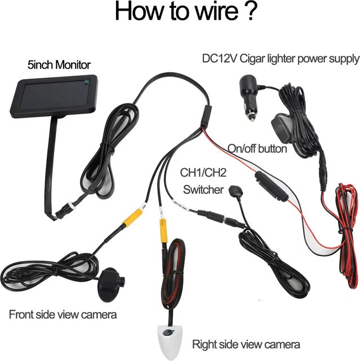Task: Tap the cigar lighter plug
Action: point(249,96)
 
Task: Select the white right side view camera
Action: point(170,341)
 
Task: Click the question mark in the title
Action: point(249,11)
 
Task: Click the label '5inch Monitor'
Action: point(59,65)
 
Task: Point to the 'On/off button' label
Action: point(257,149)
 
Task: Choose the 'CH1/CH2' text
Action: point(203,173)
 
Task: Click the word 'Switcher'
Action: point(203,190)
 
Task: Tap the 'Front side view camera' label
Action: point(63,315)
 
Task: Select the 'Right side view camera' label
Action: point(246,345)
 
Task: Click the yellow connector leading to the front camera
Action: point(132,217)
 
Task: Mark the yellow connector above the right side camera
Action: point(163,231)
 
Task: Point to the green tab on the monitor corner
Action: point(87,81)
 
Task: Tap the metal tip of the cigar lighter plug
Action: point(252,118)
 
